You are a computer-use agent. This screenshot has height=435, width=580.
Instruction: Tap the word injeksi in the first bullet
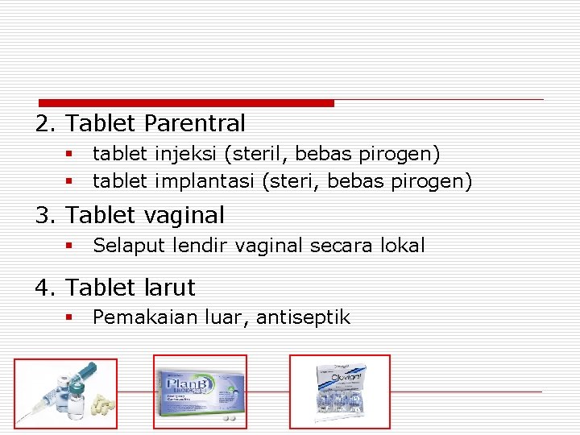(180, 153)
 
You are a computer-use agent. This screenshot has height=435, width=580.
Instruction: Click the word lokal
(400, 246)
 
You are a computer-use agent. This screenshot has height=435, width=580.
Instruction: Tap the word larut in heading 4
(170, 288)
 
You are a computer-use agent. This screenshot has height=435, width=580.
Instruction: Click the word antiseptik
(303, 317)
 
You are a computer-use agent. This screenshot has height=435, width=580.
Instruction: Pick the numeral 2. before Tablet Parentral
(43, 124)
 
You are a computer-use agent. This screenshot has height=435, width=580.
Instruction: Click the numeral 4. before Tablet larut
(43, 288)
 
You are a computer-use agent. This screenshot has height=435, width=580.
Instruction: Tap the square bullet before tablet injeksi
(70, 153)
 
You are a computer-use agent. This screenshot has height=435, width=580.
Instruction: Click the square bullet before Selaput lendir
(70, 246)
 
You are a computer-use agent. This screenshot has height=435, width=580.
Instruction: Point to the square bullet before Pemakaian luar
(70, 317)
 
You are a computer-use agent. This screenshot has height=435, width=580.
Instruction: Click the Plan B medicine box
(200, 391)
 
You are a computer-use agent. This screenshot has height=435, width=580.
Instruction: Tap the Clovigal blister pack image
(340, 392)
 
